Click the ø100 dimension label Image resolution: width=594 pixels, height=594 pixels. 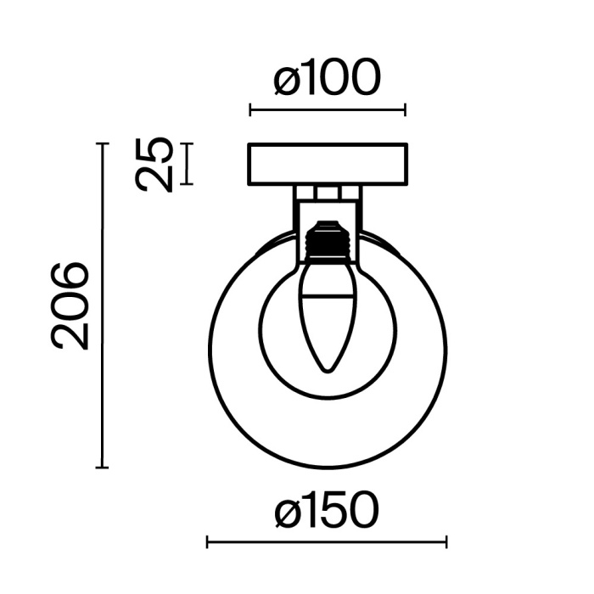(x=327, y=79)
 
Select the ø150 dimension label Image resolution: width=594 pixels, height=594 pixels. (x=327, y=512)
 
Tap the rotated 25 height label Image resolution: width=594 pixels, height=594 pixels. (x=156, y=164)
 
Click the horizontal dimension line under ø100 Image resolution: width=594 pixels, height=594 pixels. (x=327, y=109)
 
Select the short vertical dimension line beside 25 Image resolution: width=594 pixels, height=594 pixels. (x=188, y=164)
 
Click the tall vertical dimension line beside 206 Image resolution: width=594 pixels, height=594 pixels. (x=103, y=305)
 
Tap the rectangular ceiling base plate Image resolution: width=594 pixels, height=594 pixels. (x=327, y=165)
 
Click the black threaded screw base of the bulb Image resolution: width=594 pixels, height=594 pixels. (x=326, y=241)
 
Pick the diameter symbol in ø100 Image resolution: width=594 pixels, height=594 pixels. (x=286, y=79)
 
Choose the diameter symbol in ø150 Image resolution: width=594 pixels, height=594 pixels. (x=288, y=512)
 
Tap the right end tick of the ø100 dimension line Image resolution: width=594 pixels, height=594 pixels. (x=405, y=109)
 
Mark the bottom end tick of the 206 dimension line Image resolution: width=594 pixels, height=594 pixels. (x=103, y=467)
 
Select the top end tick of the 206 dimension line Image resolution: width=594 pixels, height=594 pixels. (x=103, y=144)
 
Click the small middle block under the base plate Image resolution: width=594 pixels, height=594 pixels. (x=326, y=193)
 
